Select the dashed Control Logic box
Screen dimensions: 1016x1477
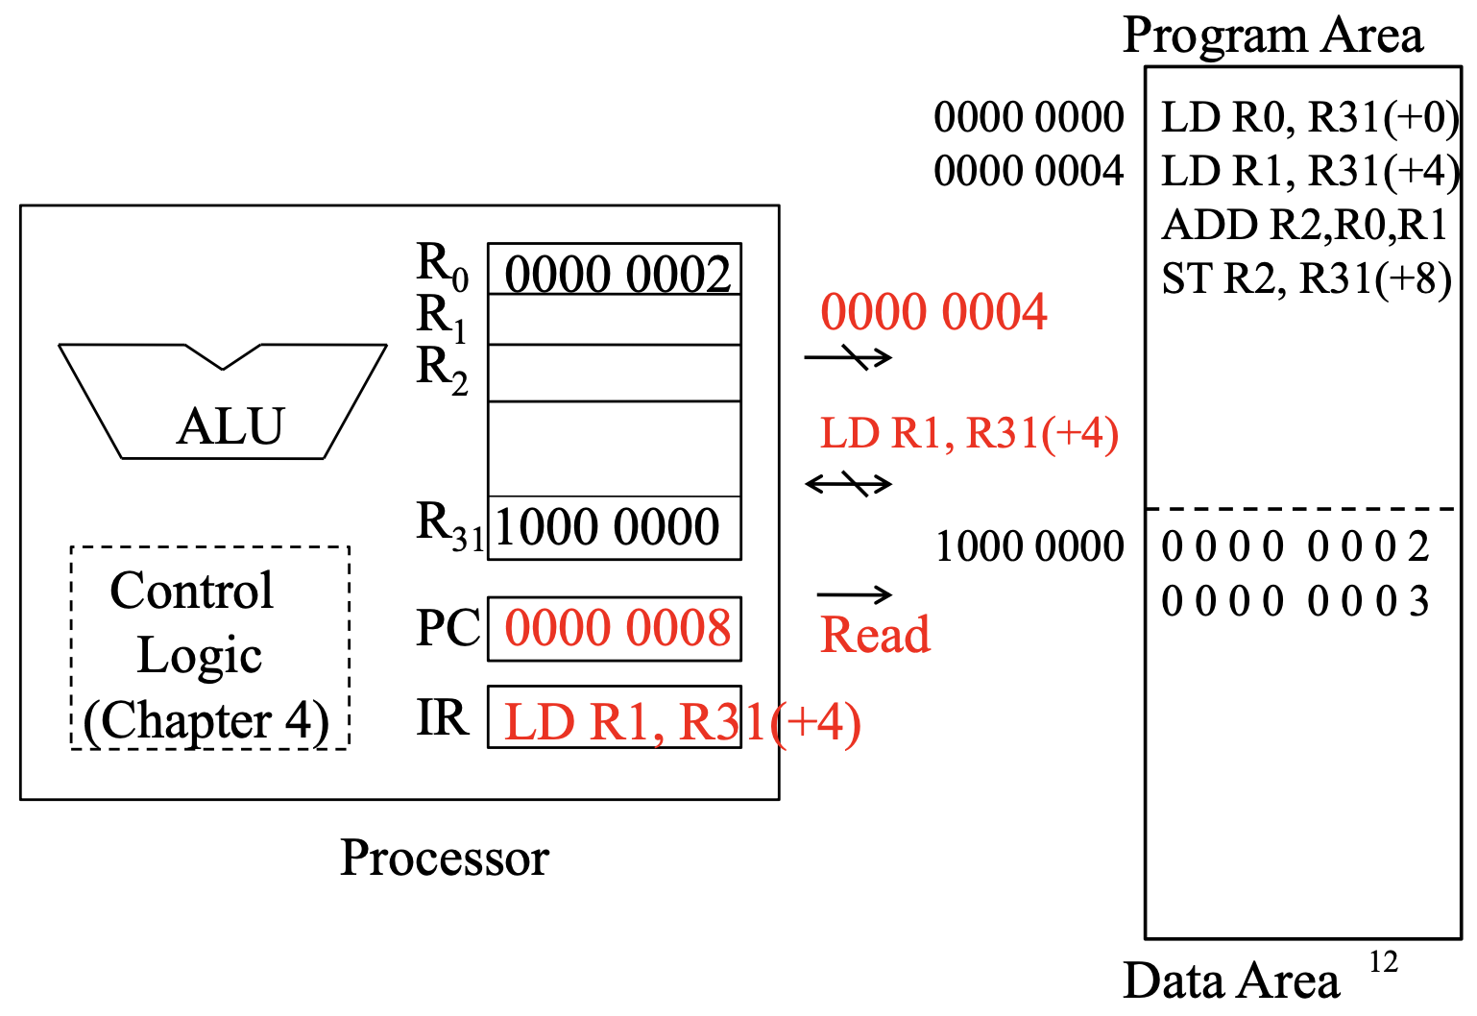click(x=209, y=648)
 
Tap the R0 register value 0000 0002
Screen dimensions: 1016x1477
click(x=617, y=274)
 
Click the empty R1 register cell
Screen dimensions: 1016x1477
click(x=615, y=320)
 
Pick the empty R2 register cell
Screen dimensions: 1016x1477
click(x=615, y=374)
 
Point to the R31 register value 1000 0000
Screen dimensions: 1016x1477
click(x=607, y=527)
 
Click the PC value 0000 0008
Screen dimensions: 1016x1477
click(x=617, y=629)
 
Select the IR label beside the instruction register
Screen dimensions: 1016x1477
click(x=442, y=717)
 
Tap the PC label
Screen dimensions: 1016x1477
click(x=448, y=629)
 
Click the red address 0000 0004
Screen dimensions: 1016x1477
click(x=933, y=312)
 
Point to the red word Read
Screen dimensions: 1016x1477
click(x=875, y=635)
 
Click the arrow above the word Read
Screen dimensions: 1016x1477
click(x=854, y=595)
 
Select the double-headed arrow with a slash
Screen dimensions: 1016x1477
click(x=849, y=483)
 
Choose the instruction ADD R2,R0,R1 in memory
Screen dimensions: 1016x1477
click(x=1304, y=226)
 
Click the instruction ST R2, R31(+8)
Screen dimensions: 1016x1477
click(x=1306, y=279)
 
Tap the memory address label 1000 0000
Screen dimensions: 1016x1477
click(x=1029, y=546)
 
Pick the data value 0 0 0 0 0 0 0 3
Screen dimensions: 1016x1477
click(x=1295, y=601)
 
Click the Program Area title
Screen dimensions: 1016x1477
click(x=1272, y=36)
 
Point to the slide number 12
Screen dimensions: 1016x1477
click(x=1383, y=961)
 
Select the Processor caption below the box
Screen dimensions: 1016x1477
click(x=445, y=858)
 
